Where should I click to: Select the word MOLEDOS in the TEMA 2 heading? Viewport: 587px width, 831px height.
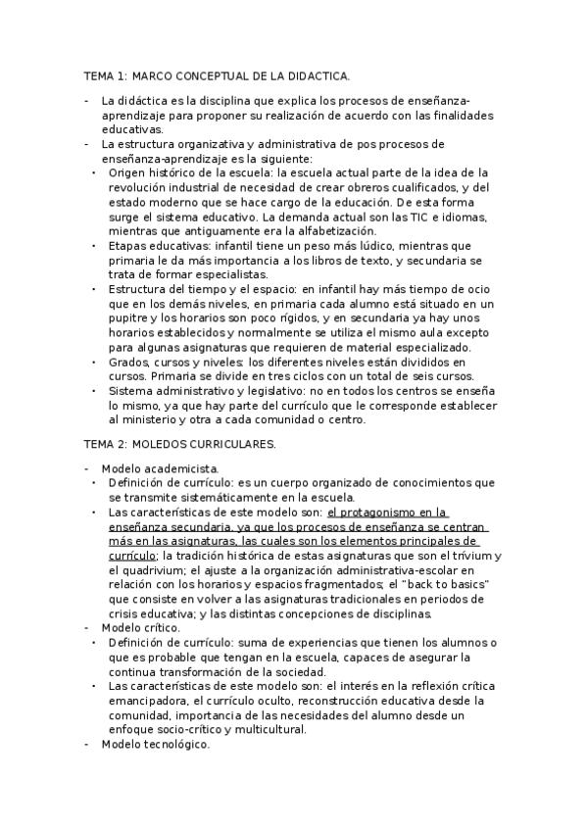point(168,444)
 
